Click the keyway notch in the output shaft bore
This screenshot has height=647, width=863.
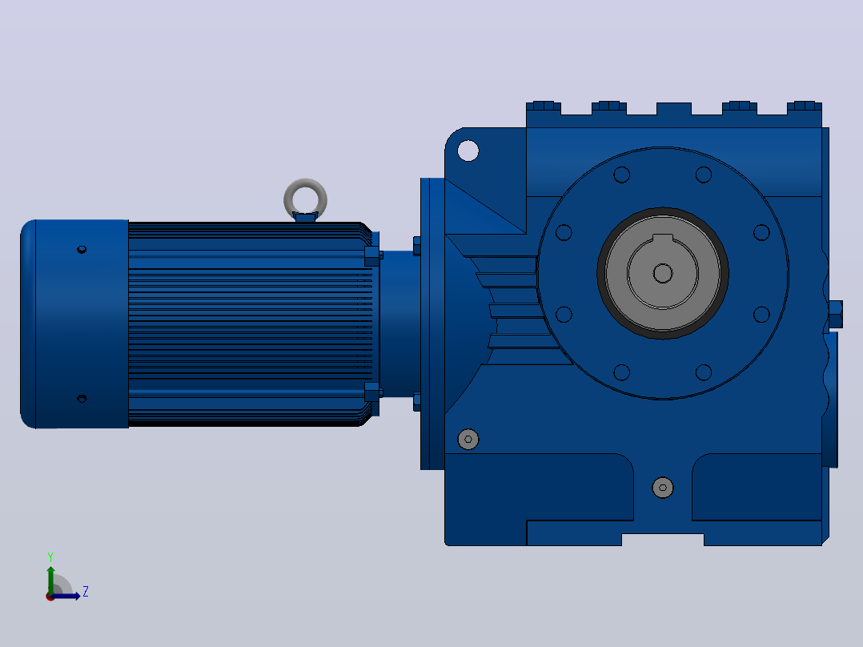tap(663, 238)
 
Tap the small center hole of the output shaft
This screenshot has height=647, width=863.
tap(663, 273)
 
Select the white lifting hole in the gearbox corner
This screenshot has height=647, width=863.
tap(468, 151)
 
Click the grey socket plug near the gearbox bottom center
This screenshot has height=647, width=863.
tap(663, 488)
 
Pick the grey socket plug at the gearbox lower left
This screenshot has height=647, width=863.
tap(468, 440)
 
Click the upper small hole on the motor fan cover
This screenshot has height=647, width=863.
tap(82, 250)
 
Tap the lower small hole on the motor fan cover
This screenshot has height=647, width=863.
tap(82, 398)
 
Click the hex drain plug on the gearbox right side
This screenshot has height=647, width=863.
tap(835, 315)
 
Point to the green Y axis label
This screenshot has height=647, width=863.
tap(50, 557)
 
